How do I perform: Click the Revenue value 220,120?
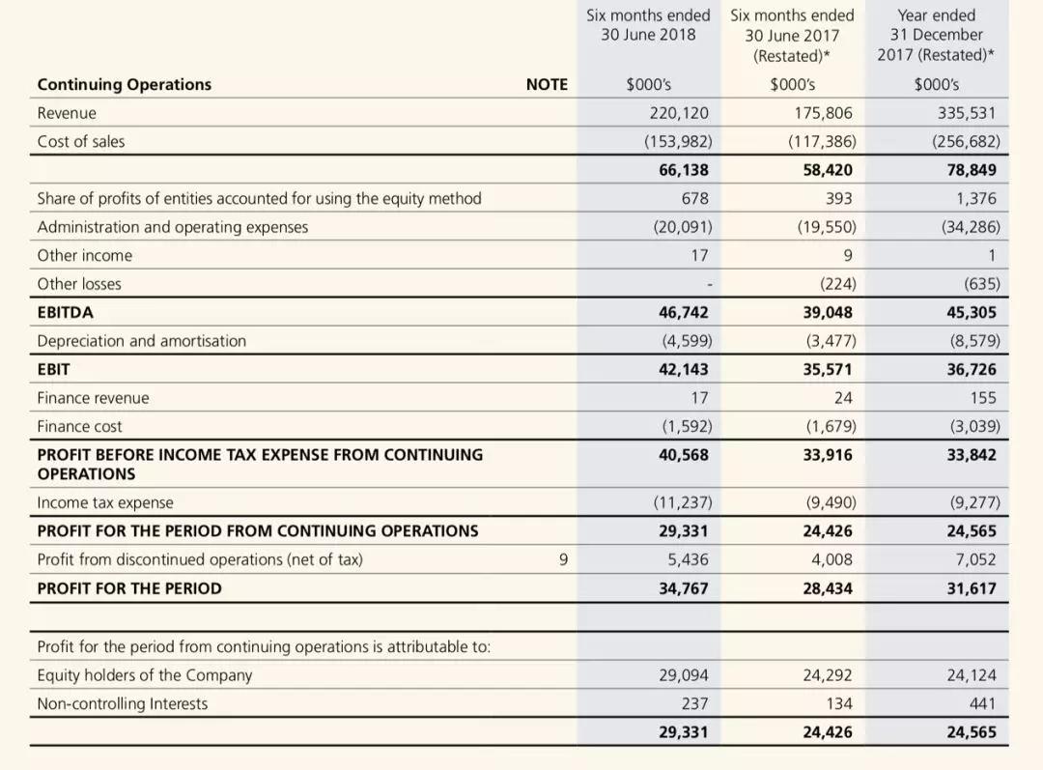coord(681,113)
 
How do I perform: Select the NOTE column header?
coord(547,84)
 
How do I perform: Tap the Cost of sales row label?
coord(81,141)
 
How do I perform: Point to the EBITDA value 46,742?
coord(683,312)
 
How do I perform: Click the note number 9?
coord(563,559)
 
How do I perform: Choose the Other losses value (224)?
coord(835,284)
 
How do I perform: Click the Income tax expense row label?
coord(105,502)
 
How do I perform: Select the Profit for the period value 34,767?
coord(683,588)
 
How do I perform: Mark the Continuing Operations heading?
coord(125,84)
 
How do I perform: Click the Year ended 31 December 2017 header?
coord(936,35)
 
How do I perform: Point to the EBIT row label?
coord(53,369)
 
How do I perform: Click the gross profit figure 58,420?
coord(828,170)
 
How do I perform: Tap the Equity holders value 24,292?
coord(828,675)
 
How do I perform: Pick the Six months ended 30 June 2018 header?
coord(648,25)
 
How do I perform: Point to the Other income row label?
coord(85,255)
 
